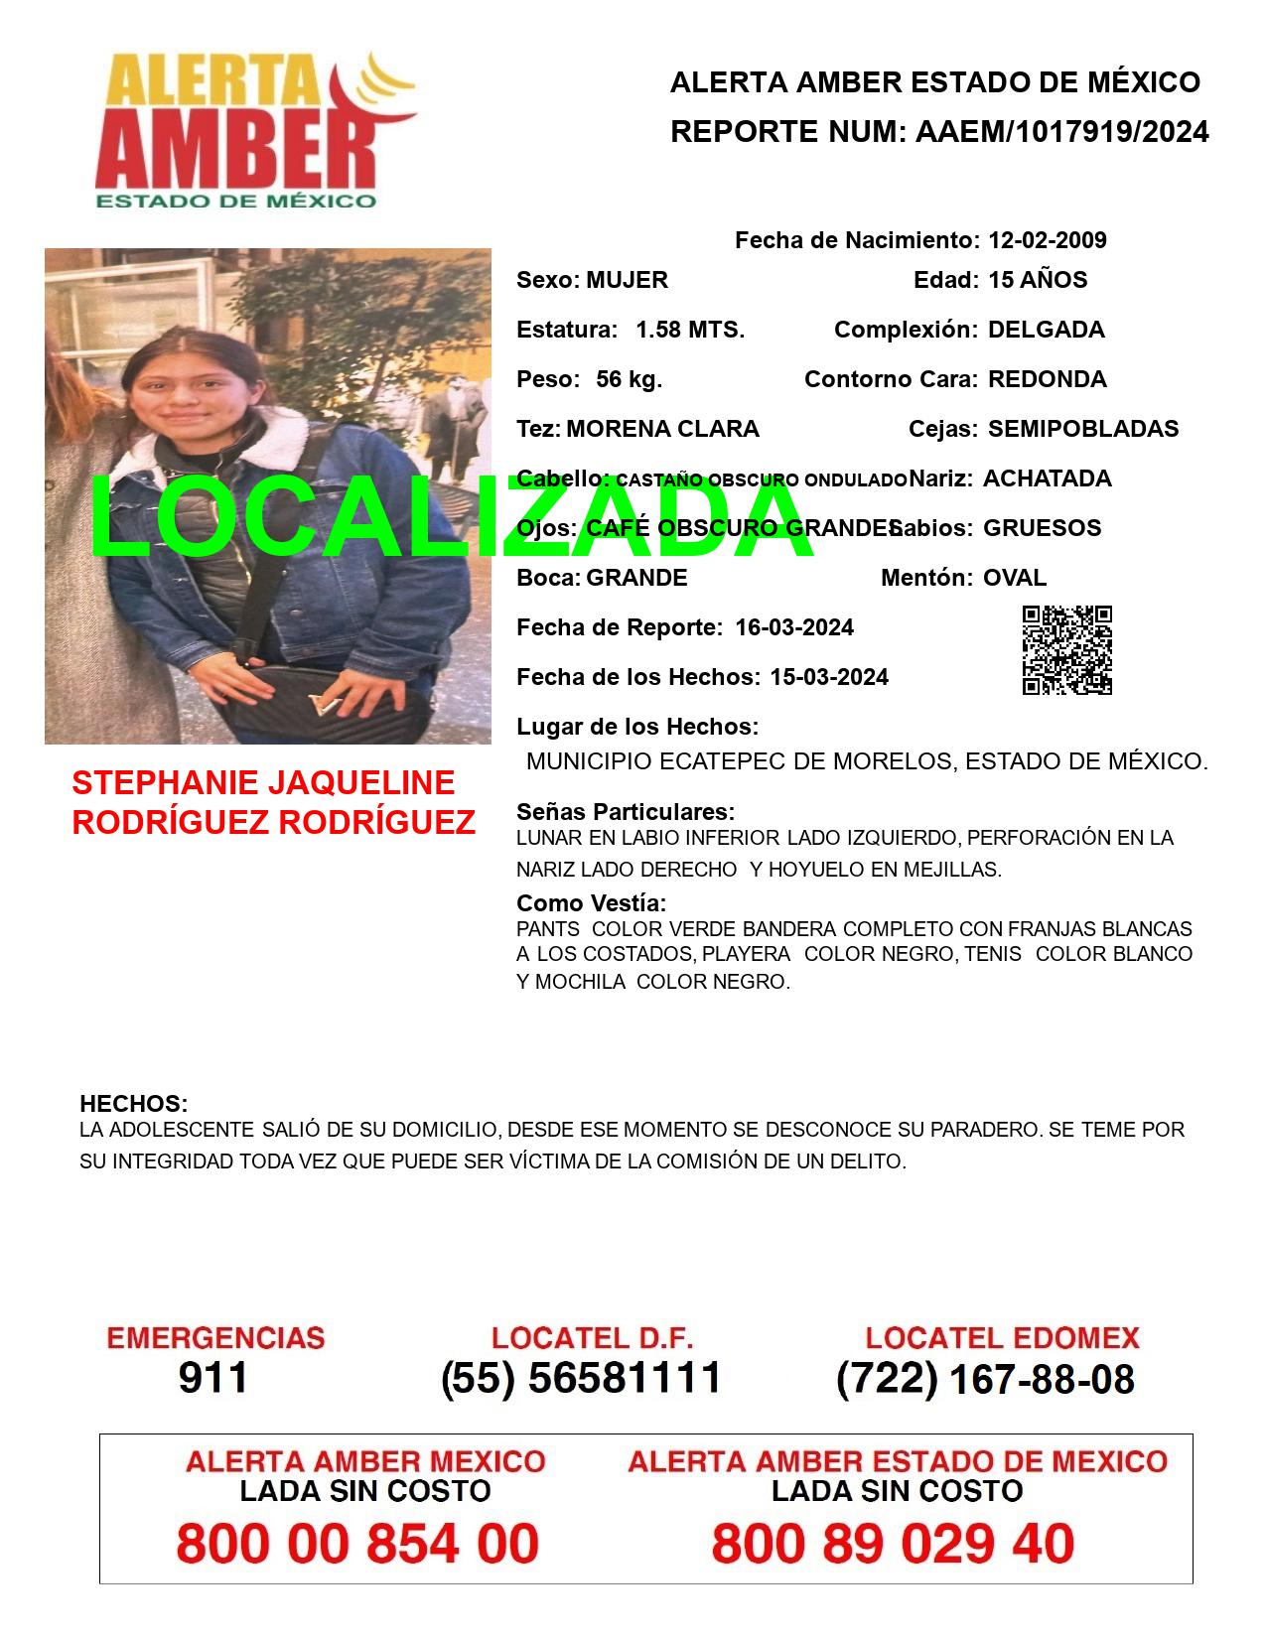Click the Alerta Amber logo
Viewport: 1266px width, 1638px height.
pyautogui.click(x=256, y=131)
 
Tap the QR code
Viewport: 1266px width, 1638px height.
pyautogui.click(x=1066, y=650)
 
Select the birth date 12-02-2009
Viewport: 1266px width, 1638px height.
pyautogui.click(x=1047, y=240)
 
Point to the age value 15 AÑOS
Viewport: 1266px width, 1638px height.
pyautogui.click(x=1037, y=280)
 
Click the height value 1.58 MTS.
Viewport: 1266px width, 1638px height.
pyautogui.click(x=690, y=330)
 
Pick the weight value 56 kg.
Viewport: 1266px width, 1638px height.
pyautogui.click(x=629, y=379)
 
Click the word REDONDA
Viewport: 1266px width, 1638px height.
pyautogui.click(x=1047, y=379)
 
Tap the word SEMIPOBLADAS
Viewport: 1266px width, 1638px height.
pyautogui.click(x=1082, y=429)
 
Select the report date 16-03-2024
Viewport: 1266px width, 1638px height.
pyautogui.click(x=794, y=627)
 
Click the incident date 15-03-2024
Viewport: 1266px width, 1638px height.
pyautogui.click(x=829, y=677)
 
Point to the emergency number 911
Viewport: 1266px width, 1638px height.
pyautogui.click(x=213, y=1378)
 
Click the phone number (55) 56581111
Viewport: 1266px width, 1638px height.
pyautogui.click(x=581, y=1378)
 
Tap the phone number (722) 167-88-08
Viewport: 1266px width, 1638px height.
pyautogui.click(x=985, y=1378)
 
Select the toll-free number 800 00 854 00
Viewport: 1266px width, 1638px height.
pyautogui.click(x=357, y=1544)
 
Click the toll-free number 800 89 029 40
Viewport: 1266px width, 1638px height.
pyautogui.click(x=893, y=1544)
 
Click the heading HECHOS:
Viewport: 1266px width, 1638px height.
pyautogui.click(x=133, y=1104)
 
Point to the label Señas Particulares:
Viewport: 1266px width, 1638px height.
pyautogui.click(x=625, y=812)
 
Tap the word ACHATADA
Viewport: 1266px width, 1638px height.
pyautogui.click(x=1047, y=478)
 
